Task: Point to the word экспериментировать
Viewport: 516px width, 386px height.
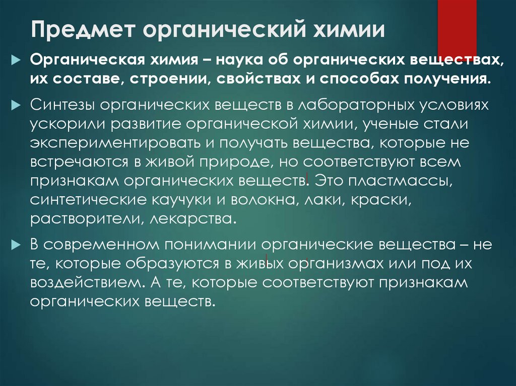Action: point(113,143)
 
